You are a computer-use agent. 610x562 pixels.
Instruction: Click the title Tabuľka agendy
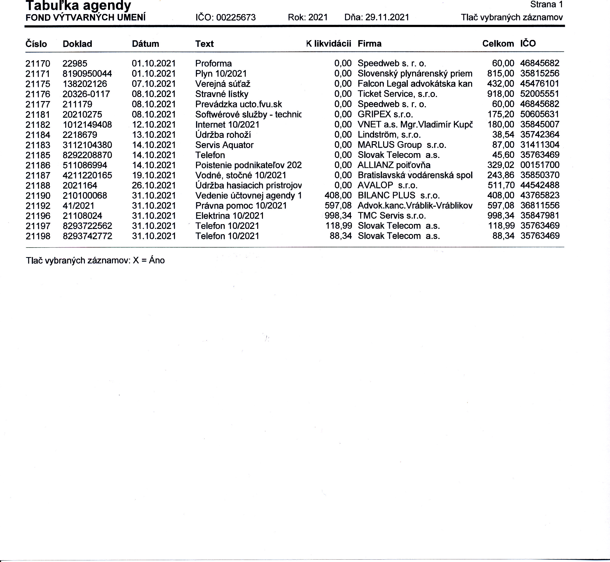(x=78, y=5)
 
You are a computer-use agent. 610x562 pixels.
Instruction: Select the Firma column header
(x=369, y=44)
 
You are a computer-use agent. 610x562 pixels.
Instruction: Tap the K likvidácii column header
(x=329, y=44)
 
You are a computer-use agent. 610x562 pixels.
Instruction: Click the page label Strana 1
(x=546, y=5)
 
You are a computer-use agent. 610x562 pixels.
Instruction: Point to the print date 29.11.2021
(x=387, y=17)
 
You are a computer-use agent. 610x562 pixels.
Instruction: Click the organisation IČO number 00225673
(x=236, y=18)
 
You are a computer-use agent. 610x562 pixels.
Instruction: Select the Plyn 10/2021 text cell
(x=221, y=74)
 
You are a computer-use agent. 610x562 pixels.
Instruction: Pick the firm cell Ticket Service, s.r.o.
(x=397, y=94)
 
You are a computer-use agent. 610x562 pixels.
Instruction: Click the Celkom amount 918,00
(x=501, y=94)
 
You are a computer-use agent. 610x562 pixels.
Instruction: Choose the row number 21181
(x=38, y=115)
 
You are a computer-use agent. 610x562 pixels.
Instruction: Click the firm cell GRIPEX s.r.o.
(x=385, y=114)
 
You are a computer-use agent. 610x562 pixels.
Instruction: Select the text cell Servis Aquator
(x=224, y=145)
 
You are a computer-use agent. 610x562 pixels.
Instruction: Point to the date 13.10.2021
(x=154, y=135)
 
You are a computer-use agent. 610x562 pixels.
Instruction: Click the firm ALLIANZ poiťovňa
(x=394, y=165)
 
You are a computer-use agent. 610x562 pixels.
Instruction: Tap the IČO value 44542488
(x=540, y=185)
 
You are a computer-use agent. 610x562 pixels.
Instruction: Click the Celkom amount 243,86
(x=501, y=175)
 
